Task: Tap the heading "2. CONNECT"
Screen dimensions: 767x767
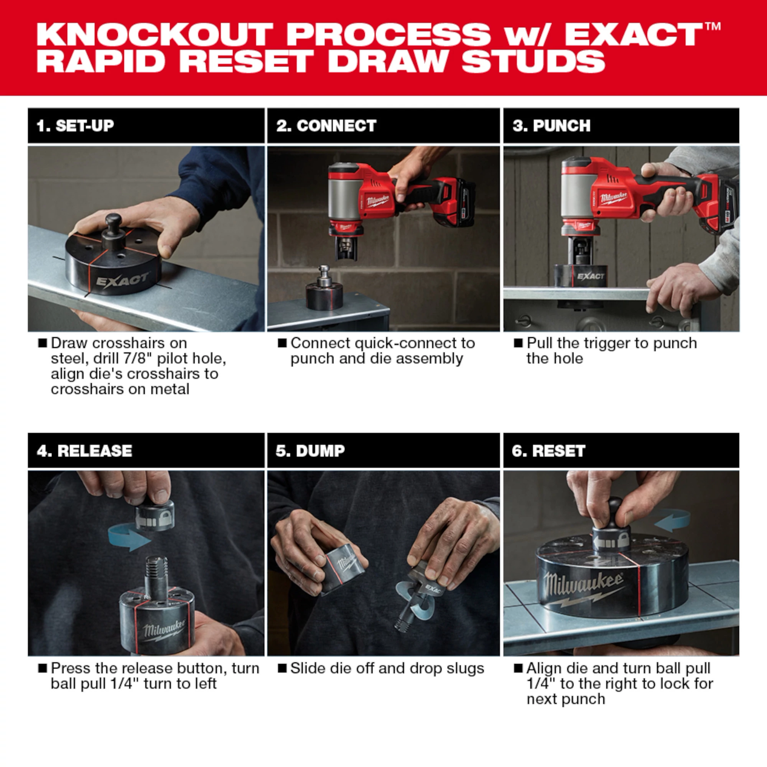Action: (326, 126)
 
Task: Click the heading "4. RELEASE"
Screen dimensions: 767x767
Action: (84, 451)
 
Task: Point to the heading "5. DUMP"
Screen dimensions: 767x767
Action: (310, 451)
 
